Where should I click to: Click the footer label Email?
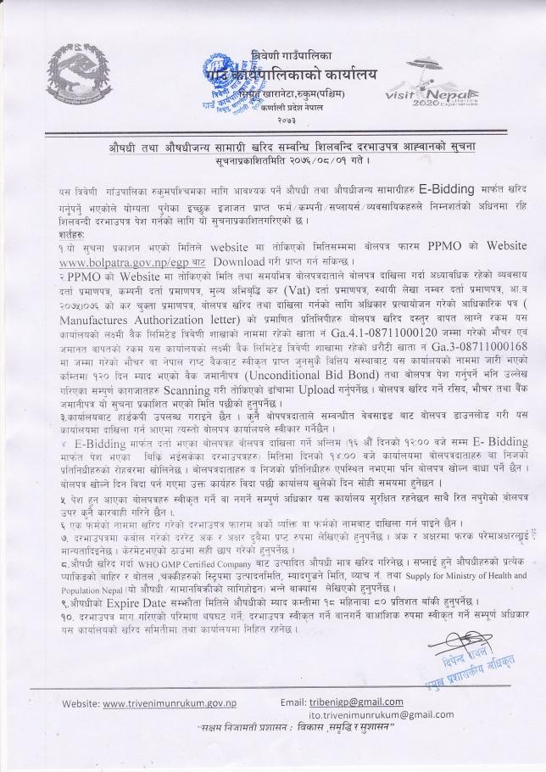tap(294, 702)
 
